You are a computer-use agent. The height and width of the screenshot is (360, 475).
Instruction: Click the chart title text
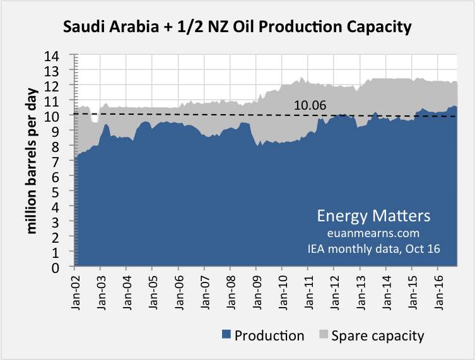tap(237, 27)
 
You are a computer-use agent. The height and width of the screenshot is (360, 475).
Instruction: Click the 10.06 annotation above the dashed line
tap(310, 105)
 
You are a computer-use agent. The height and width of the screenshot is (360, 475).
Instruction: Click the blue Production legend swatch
tap(226, 335)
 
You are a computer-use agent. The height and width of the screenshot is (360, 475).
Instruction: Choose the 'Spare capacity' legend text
tap(378, 335)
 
